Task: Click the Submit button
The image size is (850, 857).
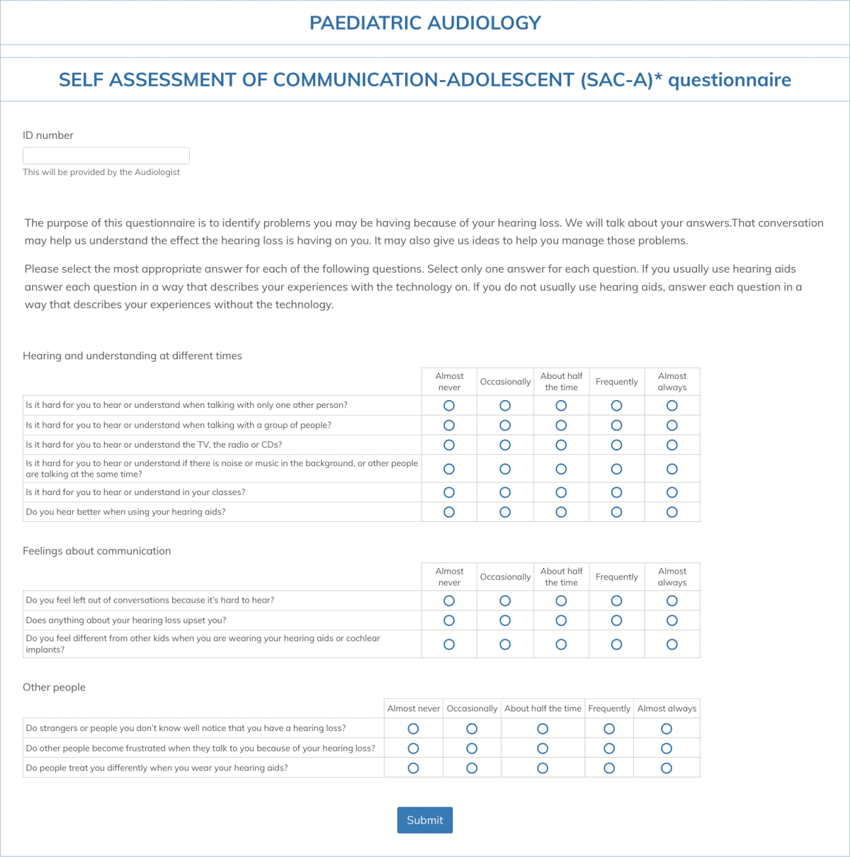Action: [424, 820]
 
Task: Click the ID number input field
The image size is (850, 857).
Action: [106, 156]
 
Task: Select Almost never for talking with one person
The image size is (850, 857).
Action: [449, 406]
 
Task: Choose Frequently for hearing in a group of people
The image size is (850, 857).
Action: [616, 426]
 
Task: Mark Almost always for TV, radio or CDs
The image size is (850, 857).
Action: [672, 445]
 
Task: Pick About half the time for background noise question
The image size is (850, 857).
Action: [561, 469]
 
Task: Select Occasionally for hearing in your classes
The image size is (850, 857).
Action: [505, 492]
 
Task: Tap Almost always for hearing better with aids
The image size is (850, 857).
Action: [672, 512]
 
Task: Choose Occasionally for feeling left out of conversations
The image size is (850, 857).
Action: [505, 601]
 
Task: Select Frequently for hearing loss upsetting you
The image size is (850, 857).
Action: [616, 620]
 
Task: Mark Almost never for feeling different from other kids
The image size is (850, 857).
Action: [449, 645]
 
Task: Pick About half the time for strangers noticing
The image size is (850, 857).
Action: [543, 729]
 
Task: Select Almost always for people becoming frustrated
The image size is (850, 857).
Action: [667, 749]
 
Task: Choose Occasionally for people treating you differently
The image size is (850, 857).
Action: [472, 768]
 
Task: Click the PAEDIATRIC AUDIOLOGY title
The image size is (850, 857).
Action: [425, 23]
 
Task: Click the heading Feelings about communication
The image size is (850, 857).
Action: [97, 551]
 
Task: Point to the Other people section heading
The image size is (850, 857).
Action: [54, 687]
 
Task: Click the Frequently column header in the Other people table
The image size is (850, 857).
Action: [609, 708]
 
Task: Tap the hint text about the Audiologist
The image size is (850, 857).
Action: [101, 172]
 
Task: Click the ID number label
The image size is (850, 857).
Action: [48, 135]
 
